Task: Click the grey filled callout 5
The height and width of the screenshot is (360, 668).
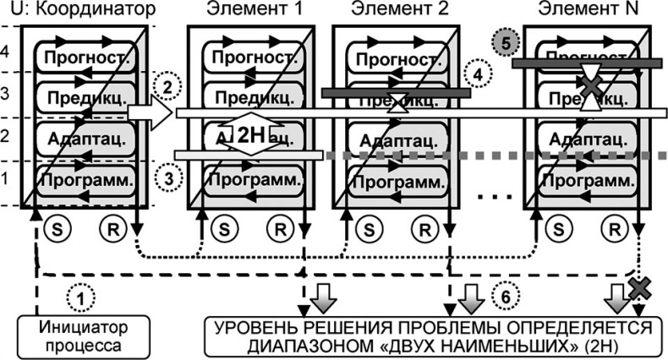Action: point(503,41)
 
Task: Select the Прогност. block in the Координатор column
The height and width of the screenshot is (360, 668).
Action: point(82,60)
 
